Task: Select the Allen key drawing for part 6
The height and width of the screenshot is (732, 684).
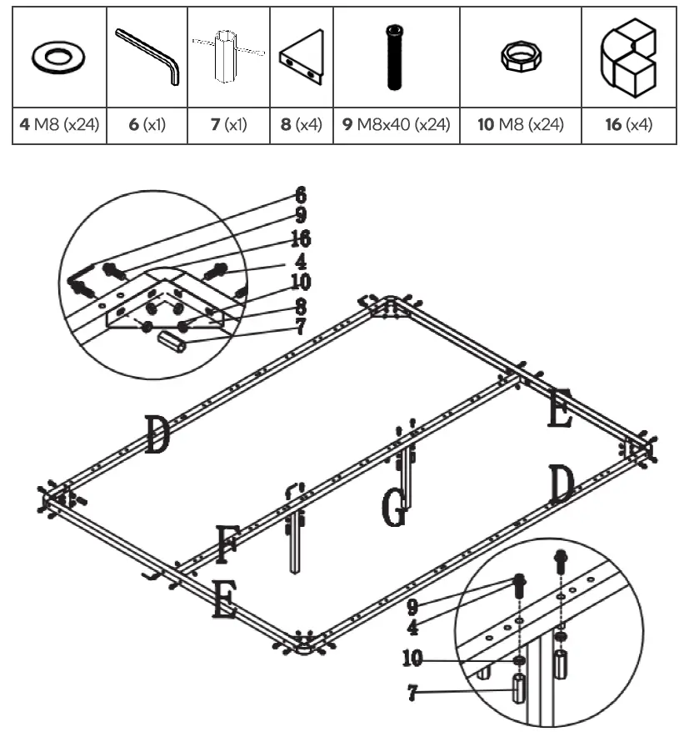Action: pyautogui.click(x=147, y=56)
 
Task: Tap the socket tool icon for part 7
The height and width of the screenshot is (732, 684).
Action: pyautogui.click(x=227, y=57)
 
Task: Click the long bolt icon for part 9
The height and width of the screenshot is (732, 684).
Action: pyautogui.click(x=395, y=57)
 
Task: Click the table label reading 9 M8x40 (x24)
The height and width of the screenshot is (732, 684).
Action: pyautogui.click(x=396, y=126)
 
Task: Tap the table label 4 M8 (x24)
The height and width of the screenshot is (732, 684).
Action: pyautogui.click(x=59, y=126)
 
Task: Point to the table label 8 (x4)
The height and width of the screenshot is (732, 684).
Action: pyautogui.click(x=301, y=126)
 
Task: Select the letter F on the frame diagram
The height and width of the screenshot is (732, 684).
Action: pyautogui.click(x=226, y=544)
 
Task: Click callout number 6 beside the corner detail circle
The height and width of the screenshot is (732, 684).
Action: pyautogui.click(x=300, y=196)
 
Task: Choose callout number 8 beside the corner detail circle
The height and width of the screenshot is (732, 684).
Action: pyautogui.click(x=300, y=305)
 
